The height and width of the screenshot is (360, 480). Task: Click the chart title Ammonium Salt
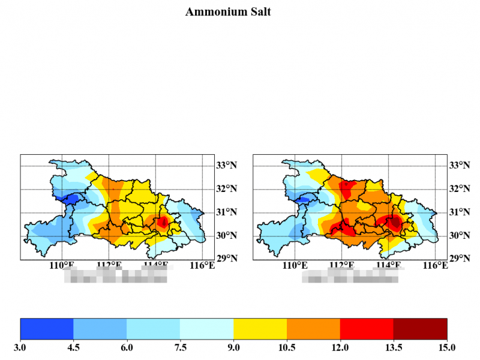click(228, 12)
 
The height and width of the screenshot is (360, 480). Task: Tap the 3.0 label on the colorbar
click(20, 347)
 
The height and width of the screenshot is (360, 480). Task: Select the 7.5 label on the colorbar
click(180, 347)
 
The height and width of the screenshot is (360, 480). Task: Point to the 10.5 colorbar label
click(287, 347)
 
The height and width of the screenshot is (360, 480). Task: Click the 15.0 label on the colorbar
click(446, 347)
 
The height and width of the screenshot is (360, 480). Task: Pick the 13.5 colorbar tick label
click(393, 347)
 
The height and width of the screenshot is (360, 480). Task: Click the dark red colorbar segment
click(420, 329)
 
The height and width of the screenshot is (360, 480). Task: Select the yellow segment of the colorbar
click(260, 329)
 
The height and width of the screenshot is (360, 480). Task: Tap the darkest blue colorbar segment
click(47, 329)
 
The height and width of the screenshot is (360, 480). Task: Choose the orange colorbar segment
click(313, 329)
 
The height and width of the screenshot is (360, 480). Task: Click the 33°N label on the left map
click(226, 165)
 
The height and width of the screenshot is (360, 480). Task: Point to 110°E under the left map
click(62, 265)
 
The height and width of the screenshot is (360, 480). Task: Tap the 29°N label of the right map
click(459, 259)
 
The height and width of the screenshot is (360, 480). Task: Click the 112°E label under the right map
click(342, 265)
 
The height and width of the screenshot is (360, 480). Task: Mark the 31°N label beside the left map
click(226, 212)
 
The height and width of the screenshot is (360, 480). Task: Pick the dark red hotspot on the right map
click(394, 223)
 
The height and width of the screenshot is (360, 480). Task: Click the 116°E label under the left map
click(202, 265)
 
